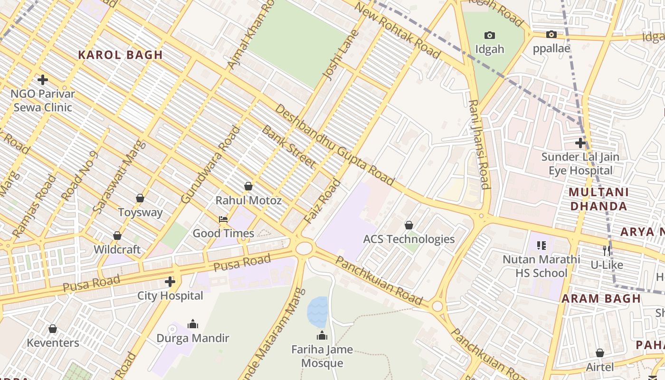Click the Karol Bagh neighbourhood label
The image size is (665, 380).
point(120,55)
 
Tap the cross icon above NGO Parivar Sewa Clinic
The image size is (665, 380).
point(43,80)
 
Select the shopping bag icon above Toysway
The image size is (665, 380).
point(140,198)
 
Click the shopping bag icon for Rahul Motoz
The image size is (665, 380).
point(248,186)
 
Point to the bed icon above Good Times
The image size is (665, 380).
point(223,219)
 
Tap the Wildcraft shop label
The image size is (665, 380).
point(117,249)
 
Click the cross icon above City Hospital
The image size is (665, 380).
point(170,282)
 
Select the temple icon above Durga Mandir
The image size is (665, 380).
point(193,324)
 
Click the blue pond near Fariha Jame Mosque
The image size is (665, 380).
point(317,312)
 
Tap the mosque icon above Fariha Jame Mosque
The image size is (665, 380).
point(322,335)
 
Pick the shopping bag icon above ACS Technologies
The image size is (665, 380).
point(408,225)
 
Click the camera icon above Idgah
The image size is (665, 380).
point(490,35)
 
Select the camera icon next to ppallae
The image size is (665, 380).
point(551,34)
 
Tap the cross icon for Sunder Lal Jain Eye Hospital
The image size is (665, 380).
point(580,142)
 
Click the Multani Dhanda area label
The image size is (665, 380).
point(598,199)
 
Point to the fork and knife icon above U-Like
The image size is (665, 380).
point(607,250)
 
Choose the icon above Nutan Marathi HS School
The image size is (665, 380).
point(541,246)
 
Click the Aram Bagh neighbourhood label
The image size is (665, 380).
point(601,299)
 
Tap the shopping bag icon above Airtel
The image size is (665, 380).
point(600,353)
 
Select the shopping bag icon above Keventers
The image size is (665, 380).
point(53,329)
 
